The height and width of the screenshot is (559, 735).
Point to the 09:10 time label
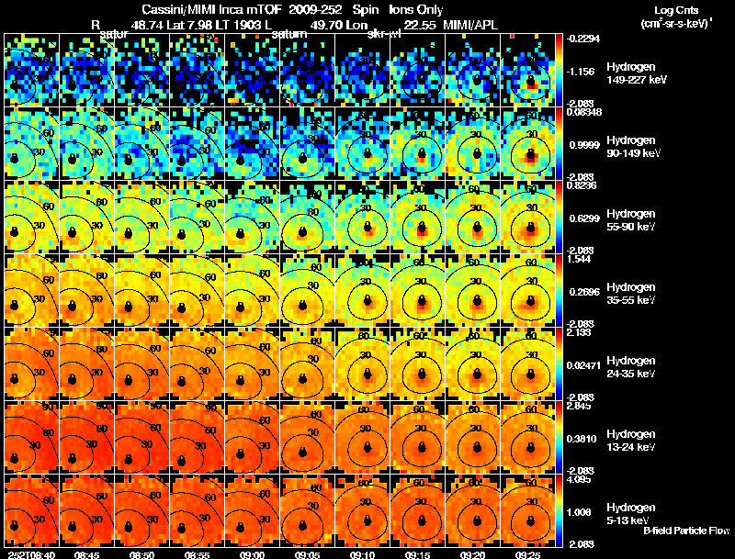[x=363, y=554]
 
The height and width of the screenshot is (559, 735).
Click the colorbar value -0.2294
[x=582, y=38]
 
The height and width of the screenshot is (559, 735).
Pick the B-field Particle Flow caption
[x=686, y=531]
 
